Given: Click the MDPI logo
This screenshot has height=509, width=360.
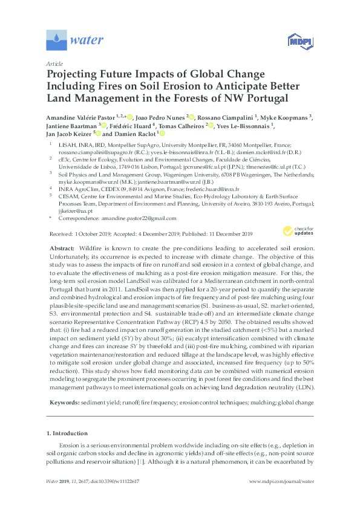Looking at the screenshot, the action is tap(295, 41).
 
